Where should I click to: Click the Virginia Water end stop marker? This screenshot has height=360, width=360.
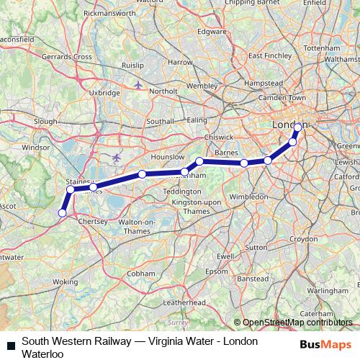[63, 212]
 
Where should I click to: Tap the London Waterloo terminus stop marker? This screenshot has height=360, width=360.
[298, 127]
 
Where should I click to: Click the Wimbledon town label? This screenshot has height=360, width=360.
[230, 195]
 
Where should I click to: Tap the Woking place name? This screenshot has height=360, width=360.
[65, 282]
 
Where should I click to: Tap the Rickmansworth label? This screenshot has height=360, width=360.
[109, 13]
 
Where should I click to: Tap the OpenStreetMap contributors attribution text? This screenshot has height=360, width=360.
[297, 323]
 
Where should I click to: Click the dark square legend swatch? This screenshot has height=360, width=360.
[11, 346]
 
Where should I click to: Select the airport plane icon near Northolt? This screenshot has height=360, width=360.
[138, 85]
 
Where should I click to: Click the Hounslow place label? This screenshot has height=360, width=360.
[167, 156]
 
